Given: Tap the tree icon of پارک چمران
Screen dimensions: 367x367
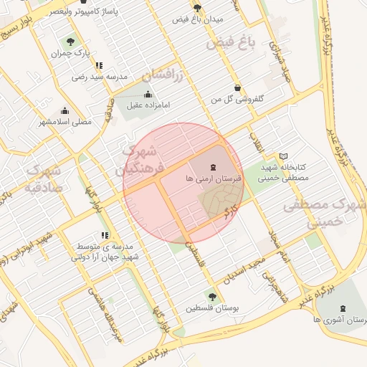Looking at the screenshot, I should (70, 42).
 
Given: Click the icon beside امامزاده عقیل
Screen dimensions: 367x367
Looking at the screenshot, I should (148, 94).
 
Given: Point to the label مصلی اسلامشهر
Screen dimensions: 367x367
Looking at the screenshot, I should (65, 122).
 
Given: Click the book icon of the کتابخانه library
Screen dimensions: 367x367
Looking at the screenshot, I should (283, 156).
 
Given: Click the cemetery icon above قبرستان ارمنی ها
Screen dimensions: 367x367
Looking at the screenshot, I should (216, 166).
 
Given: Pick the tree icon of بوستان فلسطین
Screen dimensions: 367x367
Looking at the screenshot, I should (211, 295).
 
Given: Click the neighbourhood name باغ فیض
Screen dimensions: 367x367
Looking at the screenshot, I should (231, 42).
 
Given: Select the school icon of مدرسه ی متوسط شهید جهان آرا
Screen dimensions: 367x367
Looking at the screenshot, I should (105, 235).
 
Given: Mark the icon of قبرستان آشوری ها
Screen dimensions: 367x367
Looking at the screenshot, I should (340, 308).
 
